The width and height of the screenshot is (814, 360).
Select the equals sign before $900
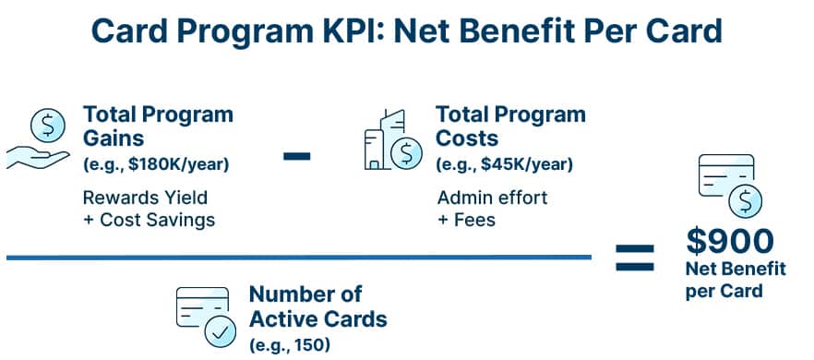pos(635,258)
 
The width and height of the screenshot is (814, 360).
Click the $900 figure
pos(729,241)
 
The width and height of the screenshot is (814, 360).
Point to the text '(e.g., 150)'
pos(289,346)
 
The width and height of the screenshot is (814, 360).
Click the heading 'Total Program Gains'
pos(158,126)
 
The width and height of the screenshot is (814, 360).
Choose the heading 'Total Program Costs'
pos(510,126)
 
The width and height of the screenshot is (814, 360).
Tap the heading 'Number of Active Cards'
pos(317,307)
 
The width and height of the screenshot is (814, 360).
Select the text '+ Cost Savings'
pos(149,220)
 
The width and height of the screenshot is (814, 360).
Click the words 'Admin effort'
pos(492,198)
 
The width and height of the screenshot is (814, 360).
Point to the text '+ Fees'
pos(466,220)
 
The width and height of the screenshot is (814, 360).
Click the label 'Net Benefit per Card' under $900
pos(735,280)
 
